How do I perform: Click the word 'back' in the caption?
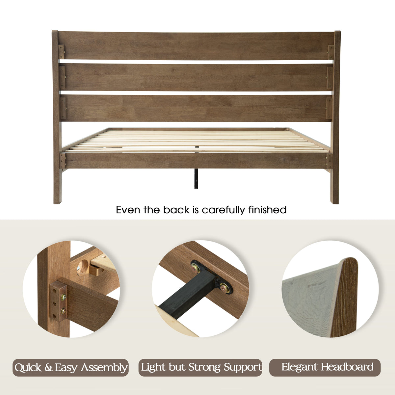tap(176, 210)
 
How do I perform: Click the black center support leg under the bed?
tap(197, 178)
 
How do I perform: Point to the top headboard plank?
tap(196, 46)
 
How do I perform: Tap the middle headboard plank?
tap(196, 77)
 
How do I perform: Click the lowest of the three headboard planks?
tap(196, 108)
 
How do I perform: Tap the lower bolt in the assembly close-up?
tap(63, 312)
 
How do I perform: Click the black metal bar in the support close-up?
tap(187, 295)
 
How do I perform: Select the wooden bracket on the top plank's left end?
tap(61, 52)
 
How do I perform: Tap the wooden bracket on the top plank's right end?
tap(331, 52)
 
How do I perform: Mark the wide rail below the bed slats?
tap(196, 161)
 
